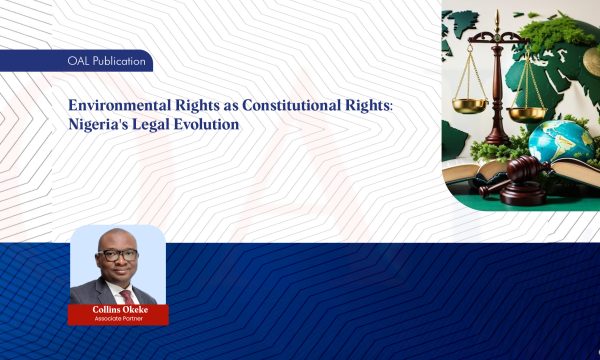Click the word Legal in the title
click(159, 126)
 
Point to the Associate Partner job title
click(118, 319)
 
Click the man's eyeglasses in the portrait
click(119, 256)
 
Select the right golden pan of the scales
click(526, 112)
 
